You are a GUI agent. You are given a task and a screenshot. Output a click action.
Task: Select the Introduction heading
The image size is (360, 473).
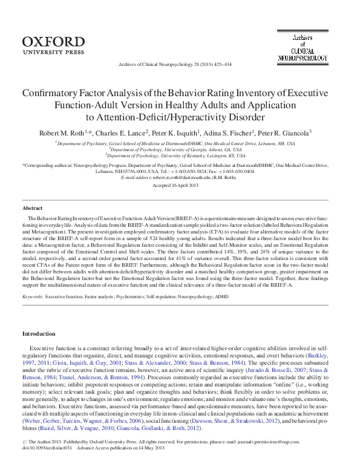click(x=39, y=333)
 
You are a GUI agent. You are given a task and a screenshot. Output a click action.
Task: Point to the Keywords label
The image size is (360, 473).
click(x=32, y=297)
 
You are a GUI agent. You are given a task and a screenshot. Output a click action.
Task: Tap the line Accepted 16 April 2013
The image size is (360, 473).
click(x=179, y=186)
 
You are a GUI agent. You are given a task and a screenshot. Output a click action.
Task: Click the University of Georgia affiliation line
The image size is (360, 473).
click(x=180, y=149)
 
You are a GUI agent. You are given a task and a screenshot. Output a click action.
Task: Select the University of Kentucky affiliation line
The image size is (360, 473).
click(x=180, y=155)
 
